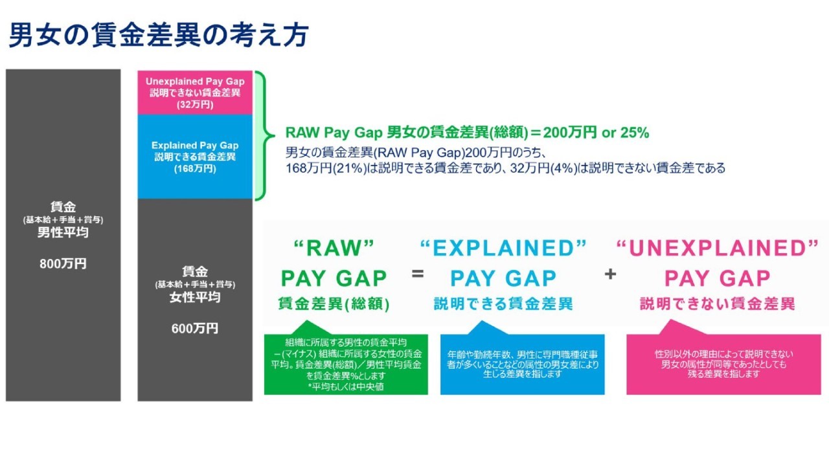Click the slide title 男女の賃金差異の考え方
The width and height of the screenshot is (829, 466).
tap(159, 35)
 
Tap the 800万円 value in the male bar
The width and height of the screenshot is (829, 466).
tap(63, 263)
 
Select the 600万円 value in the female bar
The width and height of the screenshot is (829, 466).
tap(195, 328)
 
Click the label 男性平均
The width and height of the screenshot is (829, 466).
tap(63, 232)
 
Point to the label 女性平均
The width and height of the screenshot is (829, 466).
tap(195, 297)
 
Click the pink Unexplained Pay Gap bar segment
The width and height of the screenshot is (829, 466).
tap(195, 93)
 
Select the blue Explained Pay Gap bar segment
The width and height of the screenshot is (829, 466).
tap(195, 157)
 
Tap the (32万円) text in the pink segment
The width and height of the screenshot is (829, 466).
tap(195, 105)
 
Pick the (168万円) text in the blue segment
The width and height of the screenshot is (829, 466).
tap(195, 169)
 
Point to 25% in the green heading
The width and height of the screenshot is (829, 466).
tap(635, 133)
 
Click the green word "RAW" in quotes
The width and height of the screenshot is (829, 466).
tap(334, 248)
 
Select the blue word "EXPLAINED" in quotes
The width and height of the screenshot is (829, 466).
tap(503, 248)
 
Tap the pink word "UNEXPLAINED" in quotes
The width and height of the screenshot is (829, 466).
tap(717, 248)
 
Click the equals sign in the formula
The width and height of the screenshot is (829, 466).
tap(418, 274)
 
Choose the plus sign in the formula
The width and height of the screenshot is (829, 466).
tap(610, 274)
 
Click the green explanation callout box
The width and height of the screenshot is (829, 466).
tap(346, 364)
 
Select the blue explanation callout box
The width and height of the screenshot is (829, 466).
tap(522, 364)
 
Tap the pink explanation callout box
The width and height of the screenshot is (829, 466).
tap(723, 364)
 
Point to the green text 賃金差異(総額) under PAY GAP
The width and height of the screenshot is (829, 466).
tap(334, 304)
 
